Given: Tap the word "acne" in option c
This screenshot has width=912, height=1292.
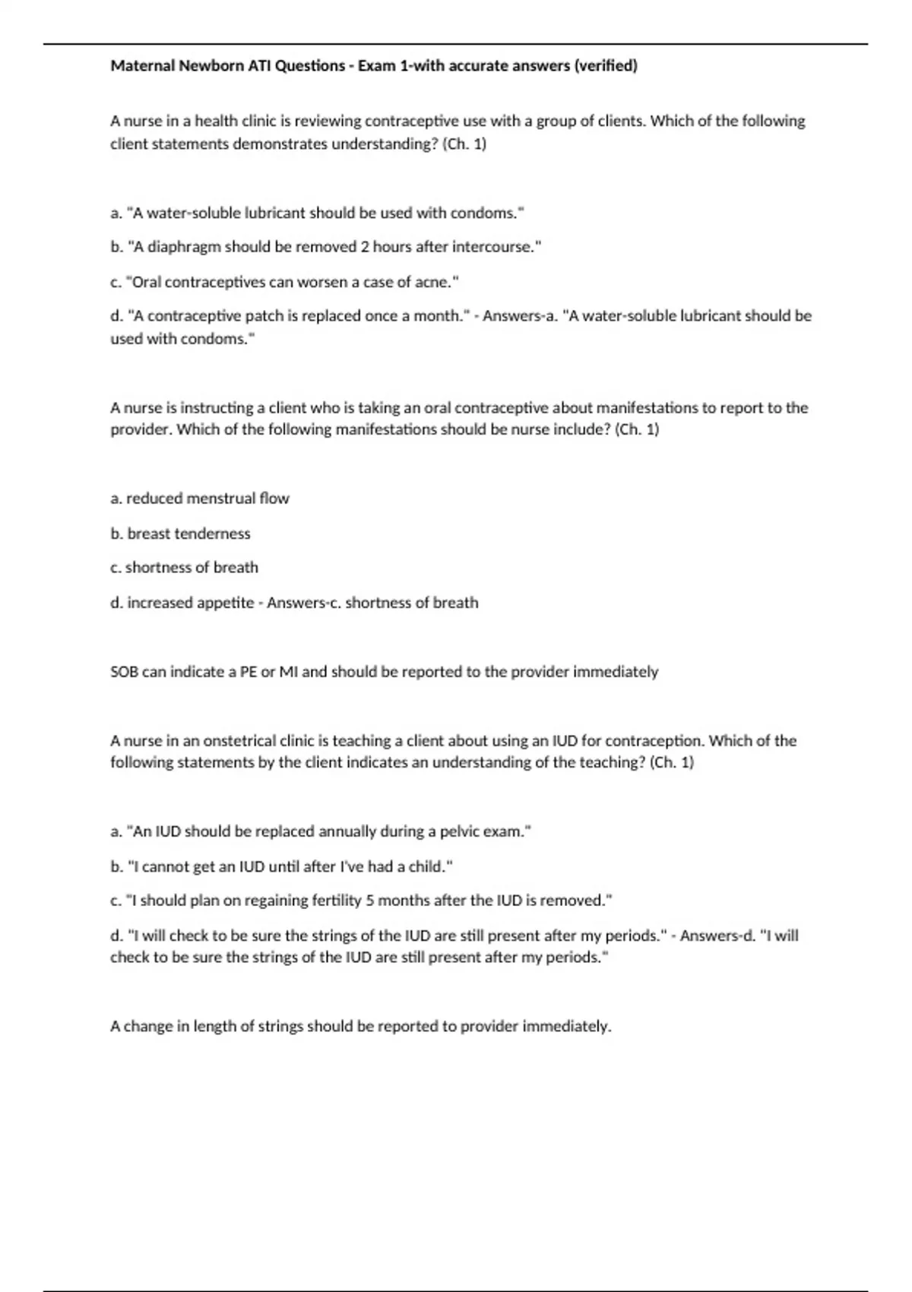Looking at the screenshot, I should pyautogui.click(x=433, y=282).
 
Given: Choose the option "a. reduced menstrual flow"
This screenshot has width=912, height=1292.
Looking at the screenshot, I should pyautogui.click(x=200, y=499).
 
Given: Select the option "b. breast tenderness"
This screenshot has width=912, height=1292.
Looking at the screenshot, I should pyautogui.click(x=180, y=534).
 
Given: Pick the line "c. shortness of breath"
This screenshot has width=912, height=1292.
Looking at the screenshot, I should pyautogui.click(x=184, y=568).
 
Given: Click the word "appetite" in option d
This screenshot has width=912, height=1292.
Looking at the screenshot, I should pyautogui.click(x=226, y=603).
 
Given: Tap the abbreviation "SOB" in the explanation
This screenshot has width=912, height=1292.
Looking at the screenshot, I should pyautogui.click(x=125, y=672).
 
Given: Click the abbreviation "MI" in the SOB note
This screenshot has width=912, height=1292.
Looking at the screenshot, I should pyautogui.click(x=289, y=672).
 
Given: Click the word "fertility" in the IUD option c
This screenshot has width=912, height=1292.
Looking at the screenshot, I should pyautogui.click(x=337, y=901).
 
